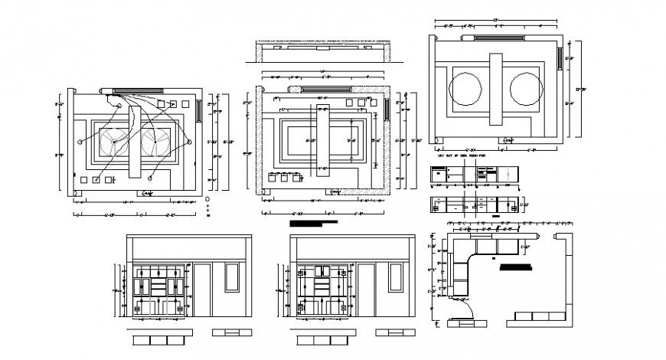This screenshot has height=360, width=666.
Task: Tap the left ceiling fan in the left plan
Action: point(115,141)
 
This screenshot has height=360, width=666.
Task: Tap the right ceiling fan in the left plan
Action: point(157,141)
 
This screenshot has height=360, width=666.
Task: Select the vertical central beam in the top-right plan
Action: point(497,90)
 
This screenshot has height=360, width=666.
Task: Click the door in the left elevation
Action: point(203,290)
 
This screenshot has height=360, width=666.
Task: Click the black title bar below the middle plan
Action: point(314,224)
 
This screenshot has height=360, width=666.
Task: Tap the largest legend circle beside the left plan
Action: point(208,198)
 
